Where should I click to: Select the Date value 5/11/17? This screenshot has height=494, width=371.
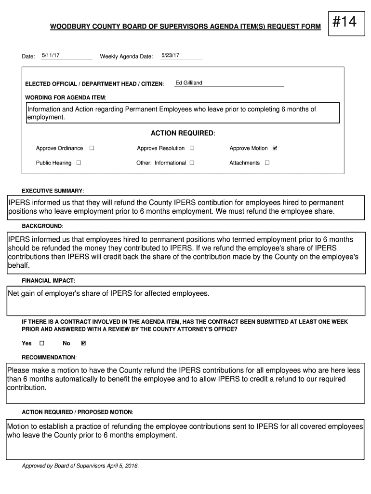[x=51, y=55]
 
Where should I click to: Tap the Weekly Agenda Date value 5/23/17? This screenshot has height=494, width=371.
[x=170, y=55]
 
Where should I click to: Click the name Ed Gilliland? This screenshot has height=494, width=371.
[x=189, y=83]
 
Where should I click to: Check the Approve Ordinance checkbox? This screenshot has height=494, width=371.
[x=92, y=148]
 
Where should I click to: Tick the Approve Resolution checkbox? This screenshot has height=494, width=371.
[x=192, y=148]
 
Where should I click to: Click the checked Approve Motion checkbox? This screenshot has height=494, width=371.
[x=275, y=148]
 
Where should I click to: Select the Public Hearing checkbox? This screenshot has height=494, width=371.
[x=79, y=163]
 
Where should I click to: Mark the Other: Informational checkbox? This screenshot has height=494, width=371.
[x=192, y=163]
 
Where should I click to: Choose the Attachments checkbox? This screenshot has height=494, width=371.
[x=267, y=163]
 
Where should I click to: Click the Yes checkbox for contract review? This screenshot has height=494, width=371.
[x=41, y=343]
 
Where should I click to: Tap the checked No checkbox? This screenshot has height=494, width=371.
[x=83, y=343]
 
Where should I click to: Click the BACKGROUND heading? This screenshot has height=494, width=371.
[x=42, y=226]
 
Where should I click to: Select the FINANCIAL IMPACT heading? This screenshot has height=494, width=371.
[x=49, y=280]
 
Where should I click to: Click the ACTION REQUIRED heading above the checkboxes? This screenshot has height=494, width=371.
[x=183, y=133]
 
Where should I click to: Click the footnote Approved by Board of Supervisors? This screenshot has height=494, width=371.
[x=80, y=466]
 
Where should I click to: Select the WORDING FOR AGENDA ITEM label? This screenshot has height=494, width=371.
[x=66, y=97]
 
